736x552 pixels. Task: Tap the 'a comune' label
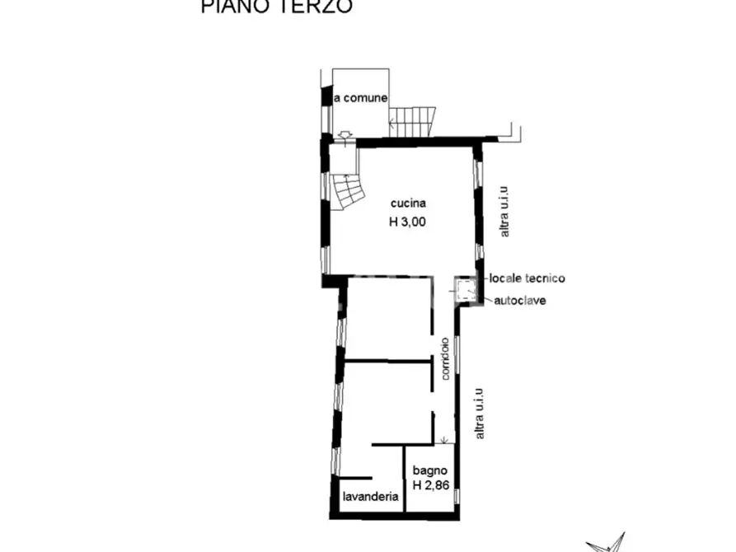[x=360, y=98]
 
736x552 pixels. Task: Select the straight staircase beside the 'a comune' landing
[x=415, y=122]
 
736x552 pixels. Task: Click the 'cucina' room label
[x=408, y=203]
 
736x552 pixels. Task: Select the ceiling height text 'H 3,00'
[x=408, y=221]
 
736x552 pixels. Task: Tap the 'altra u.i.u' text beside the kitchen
[x=505, y=211]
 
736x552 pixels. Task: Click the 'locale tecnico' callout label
[x=527, y=278]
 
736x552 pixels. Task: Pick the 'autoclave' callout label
[x=519, y=300]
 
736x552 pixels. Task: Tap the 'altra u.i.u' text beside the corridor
[x=480, y=412]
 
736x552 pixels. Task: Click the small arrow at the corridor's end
[x=445, y=440]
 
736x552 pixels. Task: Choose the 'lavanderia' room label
[x=371, y=497]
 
